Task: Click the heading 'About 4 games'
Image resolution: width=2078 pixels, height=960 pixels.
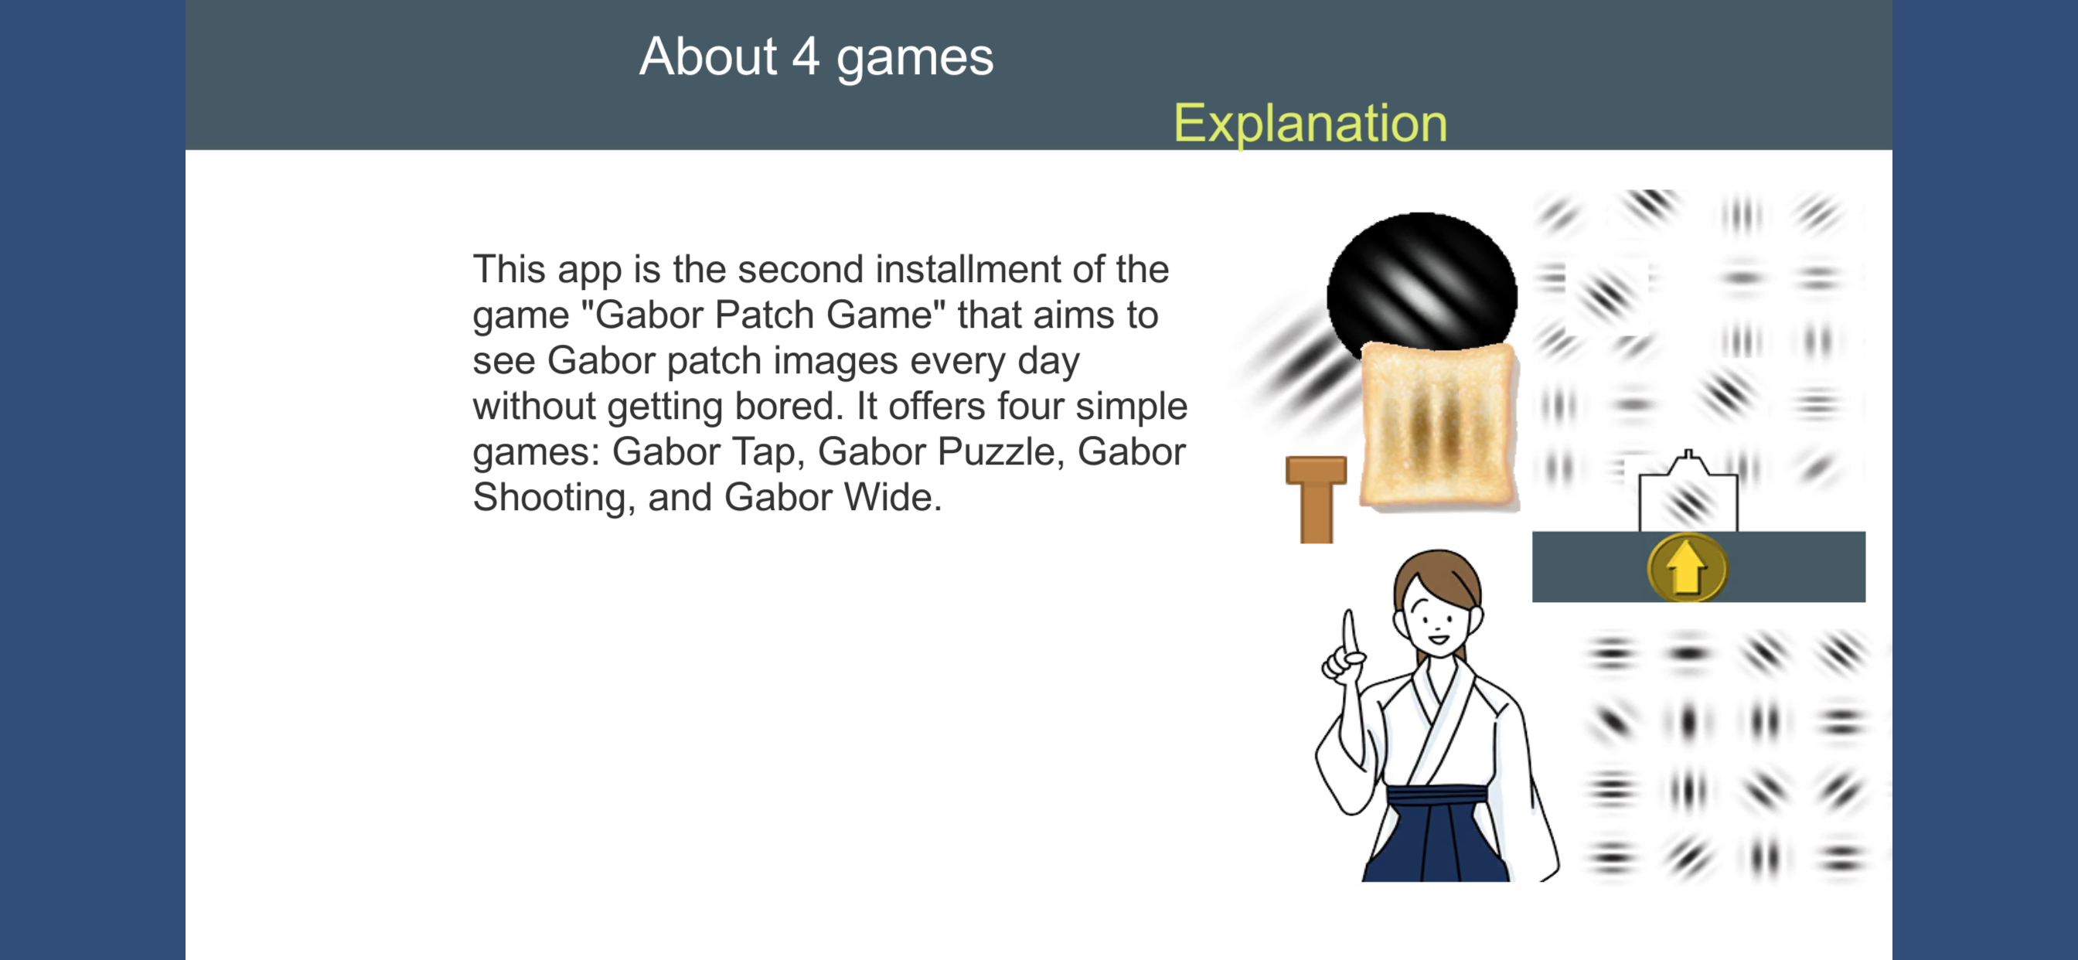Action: (816, 58)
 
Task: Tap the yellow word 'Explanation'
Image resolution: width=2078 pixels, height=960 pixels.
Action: (1310, 124)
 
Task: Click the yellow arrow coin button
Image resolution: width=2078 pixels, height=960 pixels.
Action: (1687, 567)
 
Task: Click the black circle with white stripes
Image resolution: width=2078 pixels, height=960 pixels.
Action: (1422, 282)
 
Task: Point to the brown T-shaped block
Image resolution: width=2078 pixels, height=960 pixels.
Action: (1316, 499)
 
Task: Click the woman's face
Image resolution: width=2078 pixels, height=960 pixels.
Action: (1436, 618)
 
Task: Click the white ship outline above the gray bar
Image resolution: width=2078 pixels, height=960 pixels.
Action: (1688, 492)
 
